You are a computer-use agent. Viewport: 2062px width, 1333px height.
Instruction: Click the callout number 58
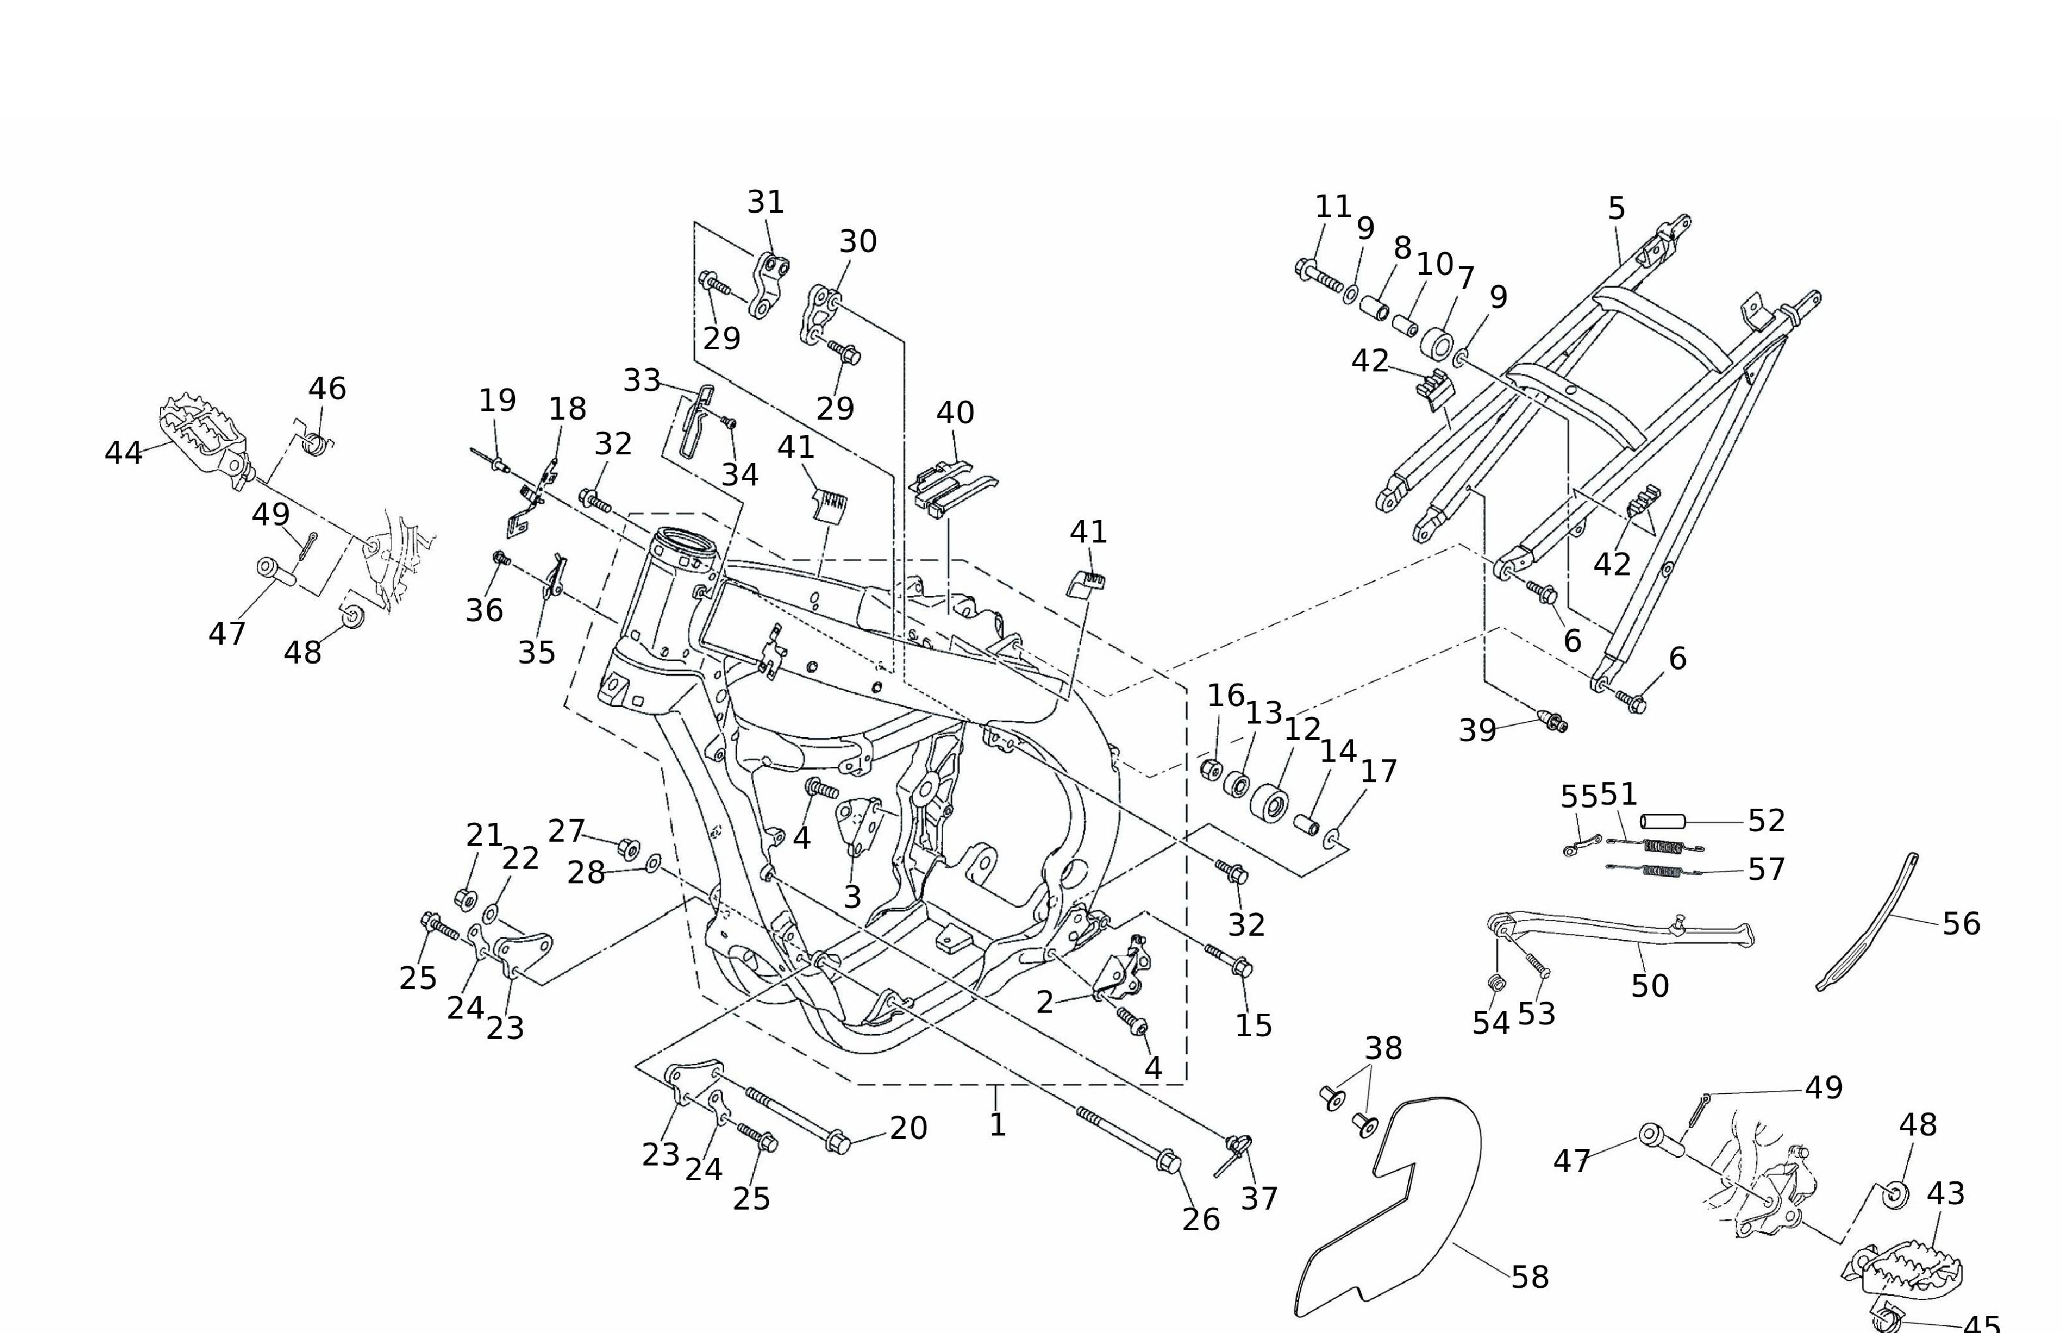click(x=1529, y=1277)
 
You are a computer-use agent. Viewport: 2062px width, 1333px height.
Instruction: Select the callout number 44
click(x=123, y=452)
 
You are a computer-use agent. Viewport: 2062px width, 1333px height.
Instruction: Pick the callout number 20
click(x=908, y=1128)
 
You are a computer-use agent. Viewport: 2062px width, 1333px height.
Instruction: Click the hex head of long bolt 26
click(x=1168, y=1161)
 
